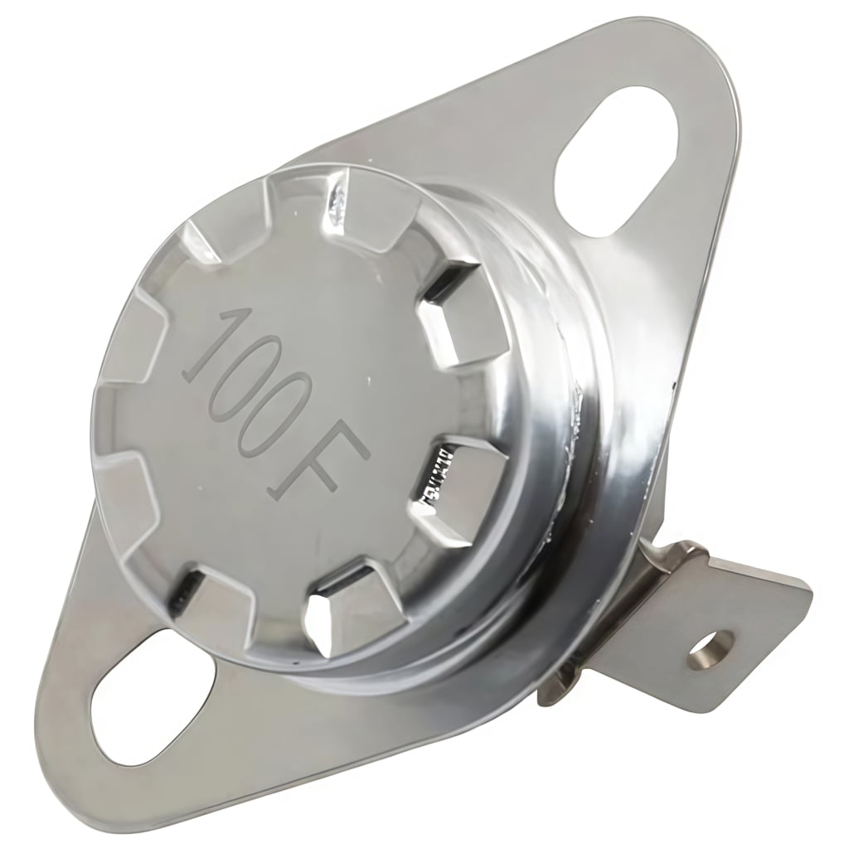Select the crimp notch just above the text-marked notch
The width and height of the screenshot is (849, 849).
(x=448, y=319)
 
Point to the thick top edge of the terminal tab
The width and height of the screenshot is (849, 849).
(x=746, y=564)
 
